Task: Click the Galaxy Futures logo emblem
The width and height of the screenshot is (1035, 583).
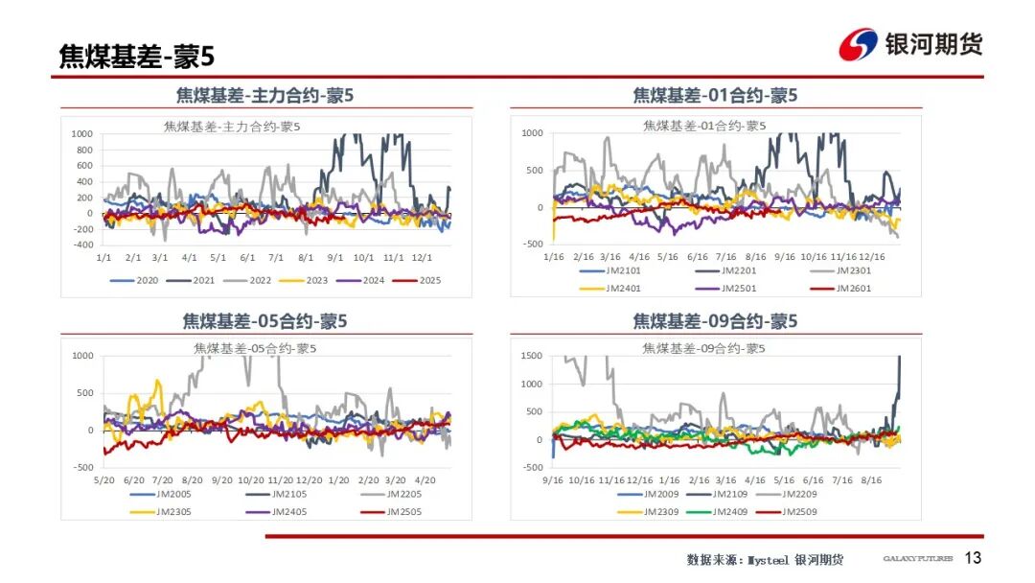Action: (858, 44)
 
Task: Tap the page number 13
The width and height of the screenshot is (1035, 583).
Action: (973, 558)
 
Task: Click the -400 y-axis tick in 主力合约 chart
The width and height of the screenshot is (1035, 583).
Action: (82, 245)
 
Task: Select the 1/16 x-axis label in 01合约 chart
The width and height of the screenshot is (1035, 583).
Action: (553, 257)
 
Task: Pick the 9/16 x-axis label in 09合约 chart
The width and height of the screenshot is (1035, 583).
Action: (553, 479)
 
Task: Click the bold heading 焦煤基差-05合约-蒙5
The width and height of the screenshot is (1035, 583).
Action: (265, 321)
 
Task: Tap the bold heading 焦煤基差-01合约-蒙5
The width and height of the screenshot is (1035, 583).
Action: (715, 96)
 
